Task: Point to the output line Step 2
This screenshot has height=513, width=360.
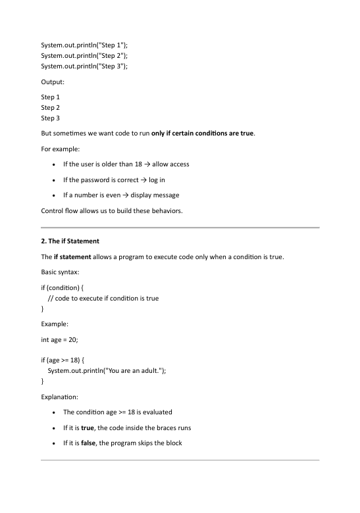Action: pos(51,107)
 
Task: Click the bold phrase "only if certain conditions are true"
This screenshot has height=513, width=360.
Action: pos(202,133)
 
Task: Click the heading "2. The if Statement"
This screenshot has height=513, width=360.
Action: pos(70,241)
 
